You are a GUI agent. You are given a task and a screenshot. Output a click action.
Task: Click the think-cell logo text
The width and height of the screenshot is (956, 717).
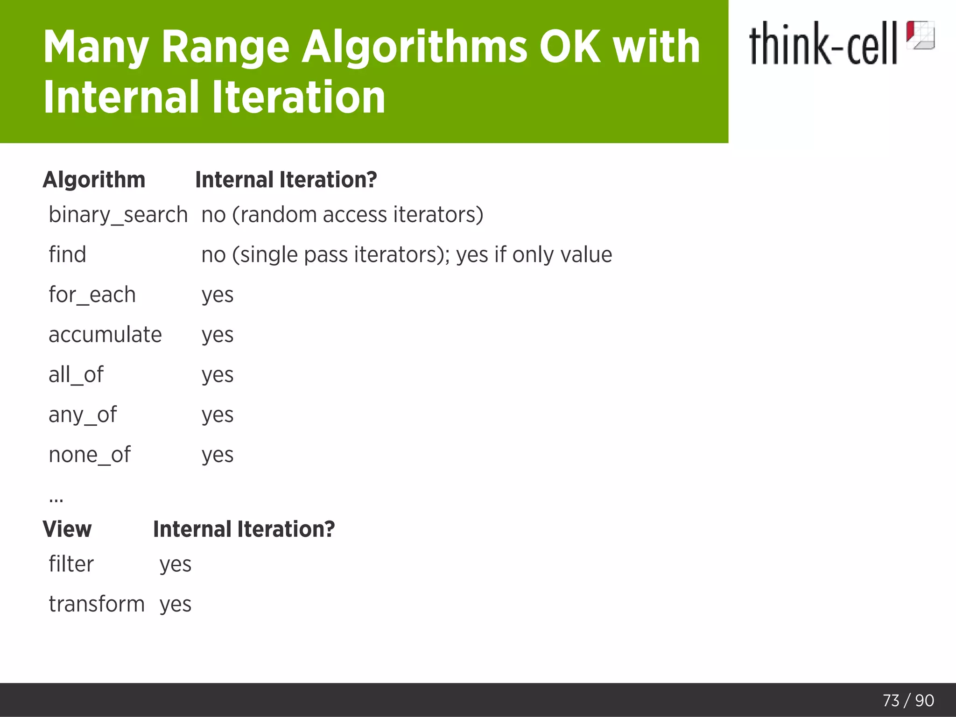click(822, 43)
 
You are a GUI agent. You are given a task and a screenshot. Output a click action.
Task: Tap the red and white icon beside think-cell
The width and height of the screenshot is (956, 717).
click(920, 35)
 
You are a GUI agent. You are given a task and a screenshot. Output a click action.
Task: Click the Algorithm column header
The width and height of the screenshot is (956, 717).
click(94, 180)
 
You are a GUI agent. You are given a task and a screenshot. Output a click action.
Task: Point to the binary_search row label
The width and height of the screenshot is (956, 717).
click(118, 215)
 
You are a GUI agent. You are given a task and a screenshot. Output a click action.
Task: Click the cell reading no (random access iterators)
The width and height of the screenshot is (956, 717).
click(342, 215)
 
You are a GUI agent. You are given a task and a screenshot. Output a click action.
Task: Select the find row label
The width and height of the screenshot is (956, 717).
click(68, 255)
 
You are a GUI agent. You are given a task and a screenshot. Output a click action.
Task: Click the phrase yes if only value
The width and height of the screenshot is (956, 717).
click(534, 255)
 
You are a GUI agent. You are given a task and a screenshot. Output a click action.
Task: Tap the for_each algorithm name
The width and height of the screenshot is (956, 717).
click(92, 295)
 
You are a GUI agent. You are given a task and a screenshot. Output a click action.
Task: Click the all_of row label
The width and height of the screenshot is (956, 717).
click(76, 375)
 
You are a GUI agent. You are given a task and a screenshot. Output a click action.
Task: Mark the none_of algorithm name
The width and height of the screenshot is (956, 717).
click(90, 455)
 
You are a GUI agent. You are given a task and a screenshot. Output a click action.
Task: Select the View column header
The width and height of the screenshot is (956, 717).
click(67, 529)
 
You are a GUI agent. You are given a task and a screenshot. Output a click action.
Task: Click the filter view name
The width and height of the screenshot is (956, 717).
click(71, 564)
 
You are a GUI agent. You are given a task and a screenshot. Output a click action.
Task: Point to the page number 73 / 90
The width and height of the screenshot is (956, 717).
click(908, 701)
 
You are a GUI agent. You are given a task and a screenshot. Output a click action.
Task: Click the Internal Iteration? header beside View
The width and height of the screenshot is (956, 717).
click(244, 529)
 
